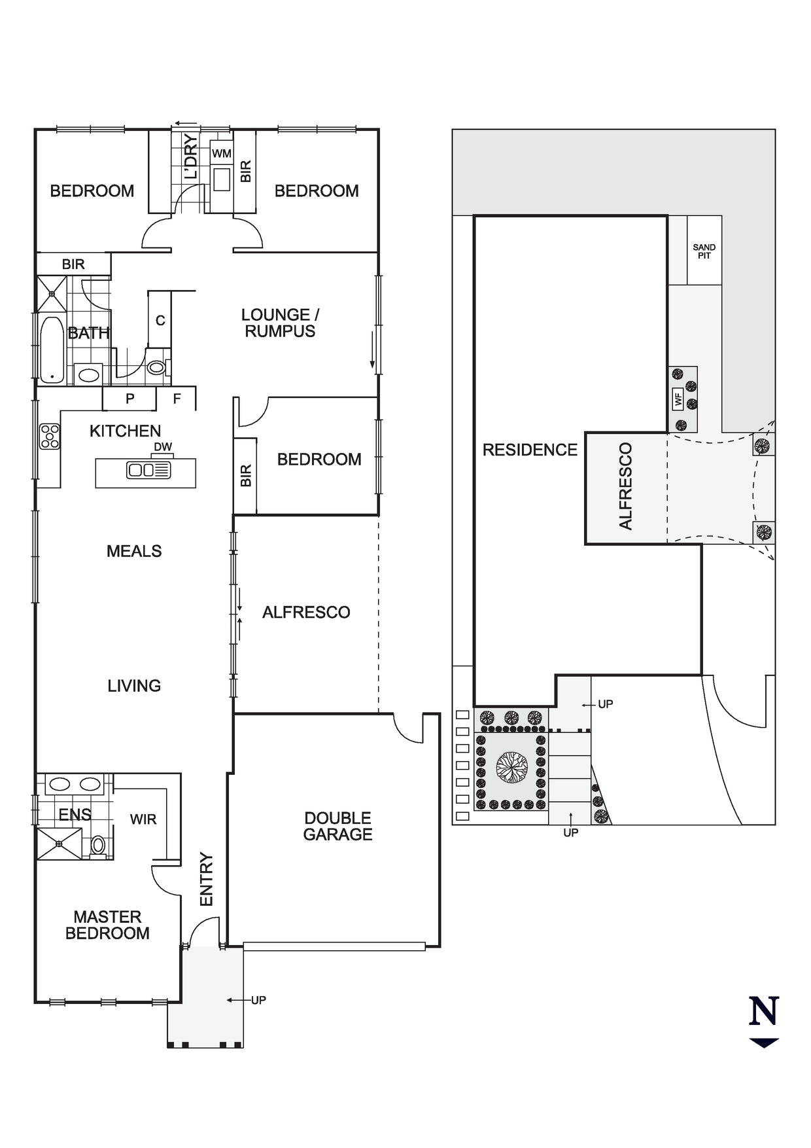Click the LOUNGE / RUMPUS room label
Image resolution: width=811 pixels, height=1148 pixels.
coord(280,323)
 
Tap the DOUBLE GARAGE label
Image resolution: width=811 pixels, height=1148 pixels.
coord(337,826)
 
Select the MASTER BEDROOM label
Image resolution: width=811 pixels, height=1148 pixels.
coord(107,925)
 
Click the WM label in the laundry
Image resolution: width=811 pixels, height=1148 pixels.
coord(222,154)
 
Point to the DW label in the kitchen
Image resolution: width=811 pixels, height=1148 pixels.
coord(163,447)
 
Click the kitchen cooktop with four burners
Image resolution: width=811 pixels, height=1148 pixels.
coord(50,437)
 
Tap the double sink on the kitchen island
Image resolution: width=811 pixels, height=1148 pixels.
coord(148,470)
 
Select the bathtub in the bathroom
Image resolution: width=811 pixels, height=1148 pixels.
coord(52,350)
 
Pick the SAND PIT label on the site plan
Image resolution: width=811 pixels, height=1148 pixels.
coord(704,251)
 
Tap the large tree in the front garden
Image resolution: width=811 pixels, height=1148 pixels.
coord(511,767)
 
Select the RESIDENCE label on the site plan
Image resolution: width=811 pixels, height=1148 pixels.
coord(530,450)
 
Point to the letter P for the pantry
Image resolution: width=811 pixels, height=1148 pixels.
coord(130,399)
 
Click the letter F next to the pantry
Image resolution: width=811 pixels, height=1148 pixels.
coord(177,398)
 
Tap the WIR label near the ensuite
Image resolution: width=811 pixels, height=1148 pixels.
coord(143,819)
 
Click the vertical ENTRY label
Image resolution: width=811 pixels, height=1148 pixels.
coord(207,879)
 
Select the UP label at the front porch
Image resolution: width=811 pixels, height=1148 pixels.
coord(258,1000)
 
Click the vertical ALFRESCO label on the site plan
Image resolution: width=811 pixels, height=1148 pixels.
coord(626,486)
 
